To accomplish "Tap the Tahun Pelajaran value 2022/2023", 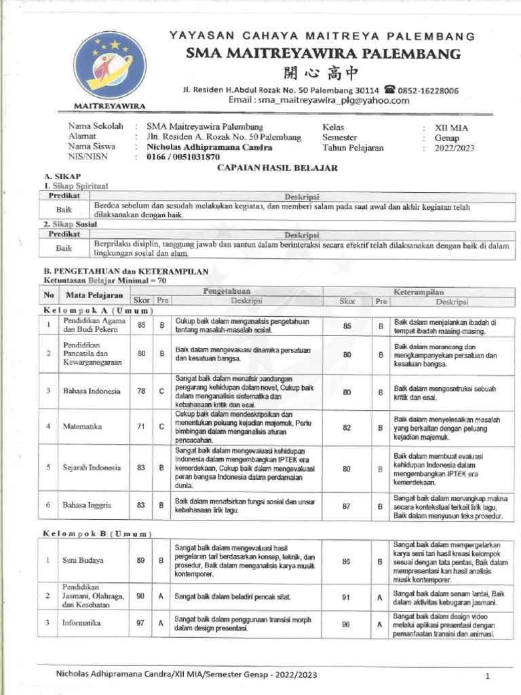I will [455, 147].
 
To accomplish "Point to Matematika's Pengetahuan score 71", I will [141, 426].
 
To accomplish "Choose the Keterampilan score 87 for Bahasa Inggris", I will [347, 505].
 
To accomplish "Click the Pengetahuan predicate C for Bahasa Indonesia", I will [162, 392].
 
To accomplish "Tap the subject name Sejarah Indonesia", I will [92, 468].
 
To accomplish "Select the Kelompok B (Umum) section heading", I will [97, 533].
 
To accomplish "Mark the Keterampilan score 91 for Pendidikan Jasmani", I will [347, 597].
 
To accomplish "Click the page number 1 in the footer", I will [487, 676].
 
